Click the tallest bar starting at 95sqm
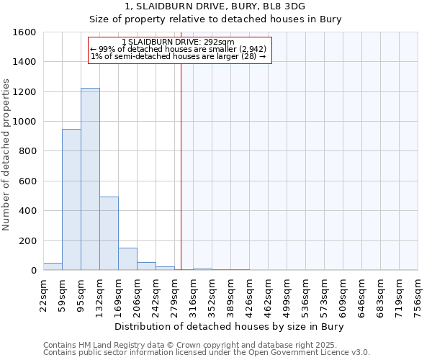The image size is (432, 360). click(x=90, y=180)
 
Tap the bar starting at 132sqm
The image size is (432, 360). click(x=109, y=233)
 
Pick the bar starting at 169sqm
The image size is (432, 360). click(x=127, y=259)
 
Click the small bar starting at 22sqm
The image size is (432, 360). click(x=53, y=266)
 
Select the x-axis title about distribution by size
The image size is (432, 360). click(x=230, y=327)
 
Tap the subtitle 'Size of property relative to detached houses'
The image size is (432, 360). click(x=215, y=20)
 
